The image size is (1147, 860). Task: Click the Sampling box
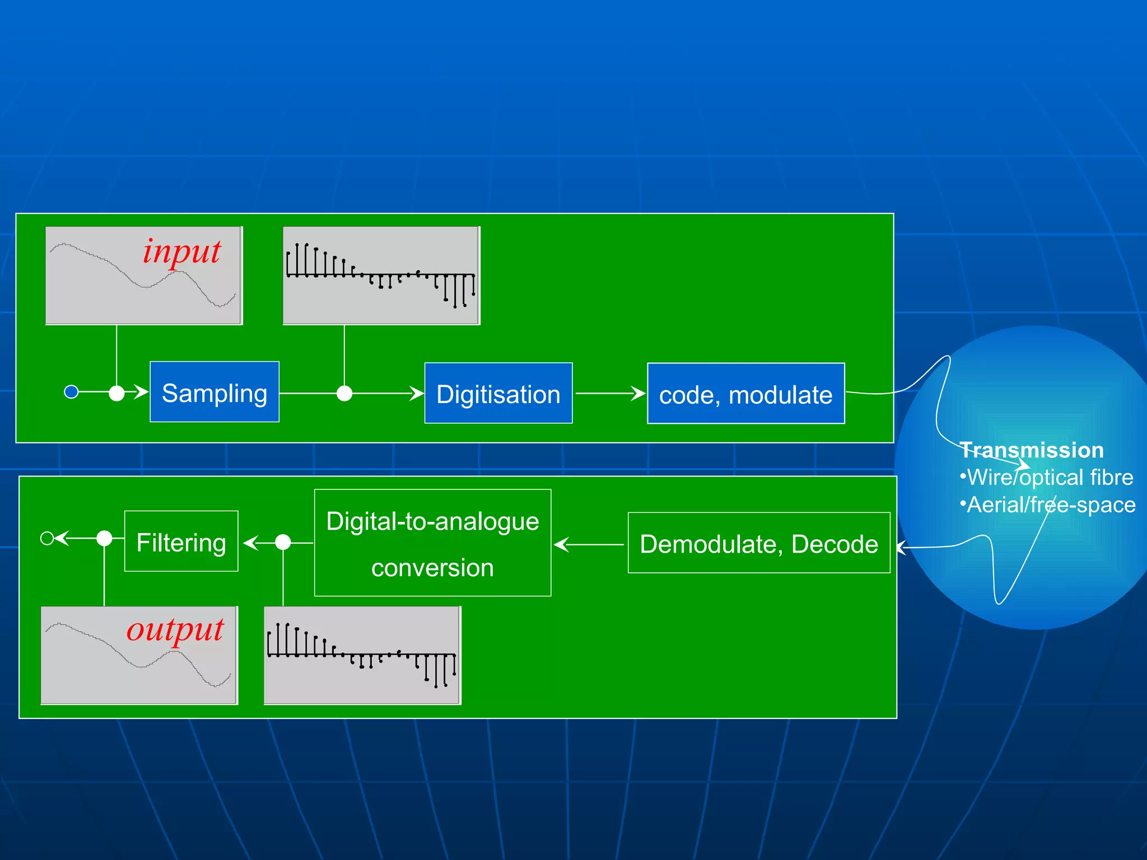pos(215,392)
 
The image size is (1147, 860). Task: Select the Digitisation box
pos(498,393)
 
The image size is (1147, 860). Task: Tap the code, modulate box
pos(745,394)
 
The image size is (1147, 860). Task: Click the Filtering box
pos(181,541)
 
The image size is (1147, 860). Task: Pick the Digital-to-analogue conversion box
pos(432,543)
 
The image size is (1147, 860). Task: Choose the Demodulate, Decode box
pos(758,543)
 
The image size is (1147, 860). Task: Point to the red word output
pos(175,630)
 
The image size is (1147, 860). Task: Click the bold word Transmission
pos(1031,450)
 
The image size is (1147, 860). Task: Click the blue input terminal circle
pos(71,392)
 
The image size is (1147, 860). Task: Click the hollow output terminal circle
pos(47,538)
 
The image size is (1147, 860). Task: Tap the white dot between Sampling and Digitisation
pos(344,394)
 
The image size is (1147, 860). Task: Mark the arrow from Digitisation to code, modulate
pos(610,394)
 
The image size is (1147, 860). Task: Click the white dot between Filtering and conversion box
pos(283,542)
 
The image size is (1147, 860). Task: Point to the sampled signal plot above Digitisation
pos(381,275)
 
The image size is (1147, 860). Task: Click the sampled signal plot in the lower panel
pos(362,655)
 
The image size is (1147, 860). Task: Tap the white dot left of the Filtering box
pos(104,538)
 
